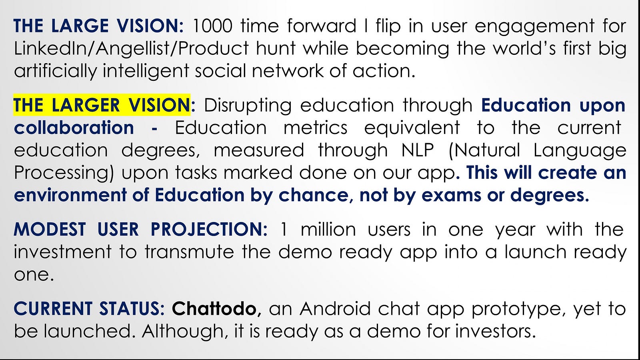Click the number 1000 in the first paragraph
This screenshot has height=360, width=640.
(x=212, y=26)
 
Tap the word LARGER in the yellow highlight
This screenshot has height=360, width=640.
(x=86, y=105)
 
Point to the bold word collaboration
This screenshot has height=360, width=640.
(x=74, y=128)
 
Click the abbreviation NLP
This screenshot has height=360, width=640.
(x=418, y=150)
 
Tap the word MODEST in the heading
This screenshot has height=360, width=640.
(x=50, y=229)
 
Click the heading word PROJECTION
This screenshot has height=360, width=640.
(x=209, y=229)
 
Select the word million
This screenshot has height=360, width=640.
(x=328, y=229)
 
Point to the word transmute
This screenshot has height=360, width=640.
(x=189, y=252)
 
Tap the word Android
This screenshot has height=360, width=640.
(x=335, y=308)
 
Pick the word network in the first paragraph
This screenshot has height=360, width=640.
(x=288, y=70)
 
